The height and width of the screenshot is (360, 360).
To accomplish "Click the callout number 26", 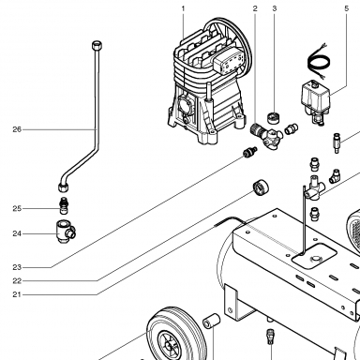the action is [x=17, y=129].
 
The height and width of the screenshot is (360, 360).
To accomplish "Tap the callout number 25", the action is [x=17, y=208].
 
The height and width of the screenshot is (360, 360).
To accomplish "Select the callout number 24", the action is [x=17, y=233].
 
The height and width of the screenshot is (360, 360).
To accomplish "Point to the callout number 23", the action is [x=17, y=267].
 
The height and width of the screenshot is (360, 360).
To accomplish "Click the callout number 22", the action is [x=17, y=281].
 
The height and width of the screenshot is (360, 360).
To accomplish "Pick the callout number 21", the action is [x=17, y=294].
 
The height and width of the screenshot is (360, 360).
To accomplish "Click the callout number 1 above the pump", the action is [x=183, y=8].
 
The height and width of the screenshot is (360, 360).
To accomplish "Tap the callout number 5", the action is [x=346, y=8].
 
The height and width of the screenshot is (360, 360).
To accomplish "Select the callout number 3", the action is [x=275, y=8].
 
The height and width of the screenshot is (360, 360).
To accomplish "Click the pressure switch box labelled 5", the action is [x=315, y=96].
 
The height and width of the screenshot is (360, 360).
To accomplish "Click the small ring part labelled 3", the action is [x=273, y=117].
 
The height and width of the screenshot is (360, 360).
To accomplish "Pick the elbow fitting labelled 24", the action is [x=66, y=232].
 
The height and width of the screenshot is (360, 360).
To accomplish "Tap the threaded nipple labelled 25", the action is [x=65, y=205].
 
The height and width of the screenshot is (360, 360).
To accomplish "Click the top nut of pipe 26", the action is [x=97, y=44].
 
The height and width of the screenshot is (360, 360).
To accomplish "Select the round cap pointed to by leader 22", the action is [x=261, y=187].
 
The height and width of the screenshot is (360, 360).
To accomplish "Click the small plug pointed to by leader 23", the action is [x=250, y=152].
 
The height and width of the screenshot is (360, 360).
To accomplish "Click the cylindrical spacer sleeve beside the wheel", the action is [x=212, y=322].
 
